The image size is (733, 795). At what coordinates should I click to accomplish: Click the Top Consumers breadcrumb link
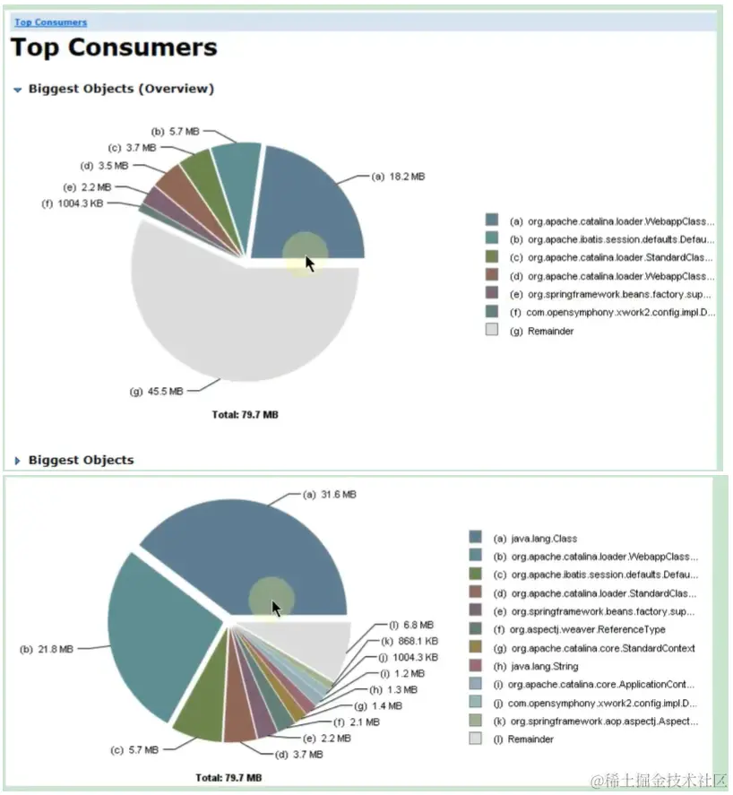click(x=50, y=22)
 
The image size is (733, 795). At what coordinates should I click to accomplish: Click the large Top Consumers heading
click(x=114, y=48)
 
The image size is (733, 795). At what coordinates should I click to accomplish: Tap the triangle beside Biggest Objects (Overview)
click(x=17, y=90)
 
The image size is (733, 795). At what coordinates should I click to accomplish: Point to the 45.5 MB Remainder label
click(x=163, y=391)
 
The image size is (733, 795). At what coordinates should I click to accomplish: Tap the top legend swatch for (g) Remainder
click(x=491, y=331)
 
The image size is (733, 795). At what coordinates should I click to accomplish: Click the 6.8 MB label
click(x=418, y=625)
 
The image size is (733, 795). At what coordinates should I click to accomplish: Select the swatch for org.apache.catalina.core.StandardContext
click(x=475, y=648)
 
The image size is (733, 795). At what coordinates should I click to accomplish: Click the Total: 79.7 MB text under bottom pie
click(x=229, y=778)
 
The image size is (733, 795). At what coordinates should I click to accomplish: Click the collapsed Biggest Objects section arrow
click(x=17, y=461)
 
